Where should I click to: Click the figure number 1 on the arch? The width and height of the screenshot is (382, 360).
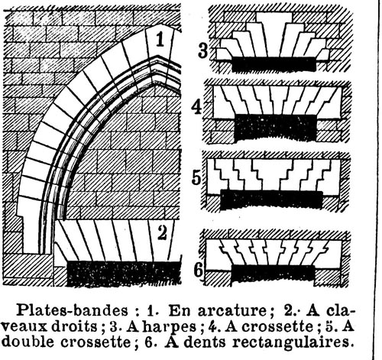pyautogui.click(x=160, y=40)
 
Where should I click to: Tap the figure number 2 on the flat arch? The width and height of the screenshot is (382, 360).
pyautogui.click(x=162, y=233)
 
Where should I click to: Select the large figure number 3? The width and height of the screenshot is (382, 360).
pyautogui.click(x=203, y=50)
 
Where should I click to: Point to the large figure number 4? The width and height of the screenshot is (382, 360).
pyautogui.click(x=196, y=107)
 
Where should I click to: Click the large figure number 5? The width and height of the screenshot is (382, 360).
pyautogui.click(x=196, y=177)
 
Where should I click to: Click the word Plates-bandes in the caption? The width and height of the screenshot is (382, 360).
pyautogui.click(x=72, y=310)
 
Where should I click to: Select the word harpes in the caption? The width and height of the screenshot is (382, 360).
pyautogui.click(x=170, y=327)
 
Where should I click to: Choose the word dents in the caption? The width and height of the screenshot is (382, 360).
pyautogui.click(x=205, y=342)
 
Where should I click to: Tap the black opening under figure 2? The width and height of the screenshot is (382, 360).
pyautogui.click(x=124, y=273)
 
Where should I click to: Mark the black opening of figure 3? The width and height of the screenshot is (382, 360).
pyautogui.click(x=274, y=63)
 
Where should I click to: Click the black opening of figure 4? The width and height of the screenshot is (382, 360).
pyautogui.click(x=275, y=128)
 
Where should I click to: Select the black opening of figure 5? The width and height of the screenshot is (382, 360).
pyautogui.click(x=271, y=199)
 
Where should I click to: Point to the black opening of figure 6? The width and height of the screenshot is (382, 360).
pyautogui.click(x=273, y=274)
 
